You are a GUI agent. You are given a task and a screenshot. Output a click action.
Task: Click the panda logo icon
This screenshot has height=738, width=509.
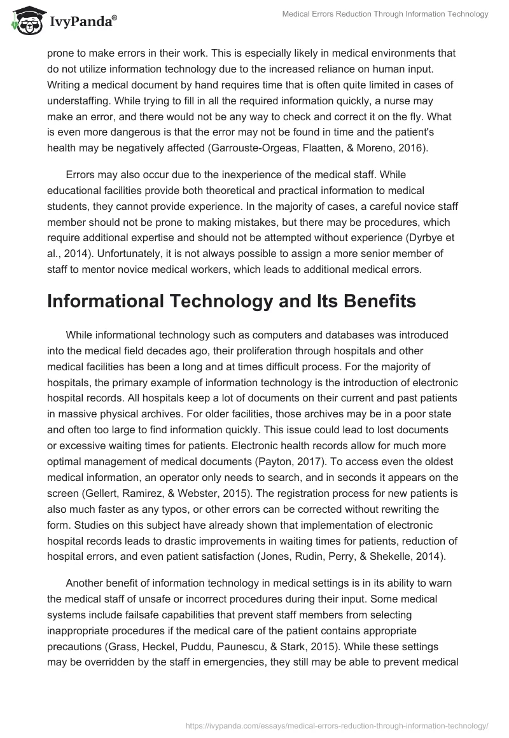24,20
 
